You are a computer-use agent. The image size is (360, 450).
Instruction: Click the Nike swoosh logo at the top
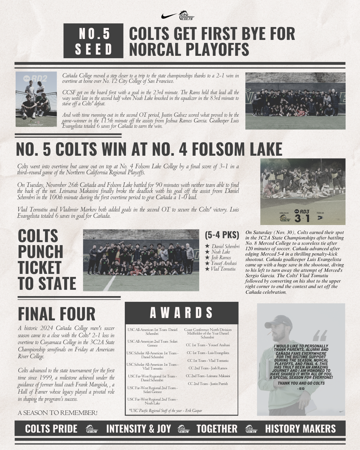pos(169,16)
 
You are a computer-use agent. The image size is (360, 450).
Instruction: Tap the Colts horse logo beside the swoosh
pos(187,16)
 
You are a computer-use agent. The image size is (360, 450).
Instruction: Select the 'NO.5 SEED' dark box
pos(93,41)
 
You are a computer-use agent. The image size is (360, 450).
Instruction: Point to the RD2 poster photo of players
pos(36,99)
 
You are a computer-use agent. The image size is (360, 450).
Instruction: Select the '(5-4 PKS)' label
pos(222,235)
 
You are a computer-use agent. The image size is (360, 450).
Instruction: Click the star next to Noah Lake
pos(207,252)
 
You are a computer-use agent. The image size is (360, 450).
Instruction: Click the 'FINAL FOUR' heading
pos(57,314)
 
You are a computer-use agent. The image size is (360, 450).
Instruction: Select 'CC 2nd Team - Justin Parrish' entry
pos(208,384)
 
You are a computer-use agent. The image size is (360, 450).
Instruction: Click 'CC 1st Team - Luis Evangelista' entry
pos(208,353)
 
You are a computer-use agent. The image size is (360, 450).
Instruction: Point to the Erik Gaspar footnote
pos(166,411)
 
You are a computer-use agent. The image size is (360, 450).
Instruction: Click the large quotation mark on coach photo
pos(320,336)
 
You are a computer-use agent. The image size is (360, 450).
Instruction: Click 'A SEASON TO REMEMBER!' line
pos(58,413)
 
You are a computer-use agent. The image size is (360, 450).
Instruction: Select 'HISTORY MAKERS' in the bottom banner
pos(300,429)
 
